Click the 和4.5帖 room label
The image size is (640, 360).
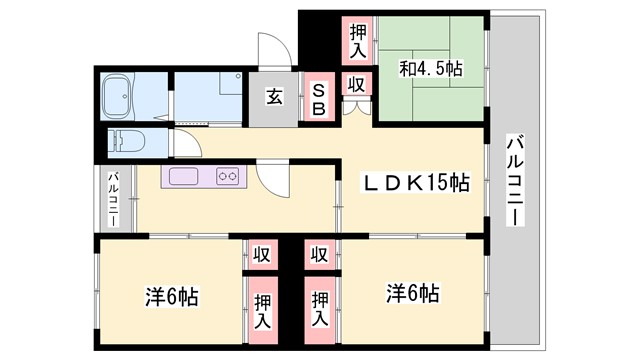coord(431,69)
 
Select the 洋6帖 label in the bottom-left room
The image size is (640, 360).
coord(171,297)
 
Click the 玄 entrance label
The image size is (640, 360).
coord(273,97)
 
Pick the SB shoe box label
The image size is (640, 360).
coord(318,99)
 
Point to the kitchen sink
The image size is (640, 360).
coord(186,177)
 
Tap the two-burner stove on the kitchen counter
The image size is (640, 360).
coord(227,177)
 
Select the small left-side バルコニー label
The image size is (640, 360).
coord(113,201)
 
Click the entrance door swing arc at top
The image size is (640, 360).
coord(272,51)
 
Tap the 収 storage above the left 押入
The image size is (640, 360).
coord(260,254)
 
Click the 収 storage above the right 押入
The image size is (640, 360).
coord(319,254)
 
